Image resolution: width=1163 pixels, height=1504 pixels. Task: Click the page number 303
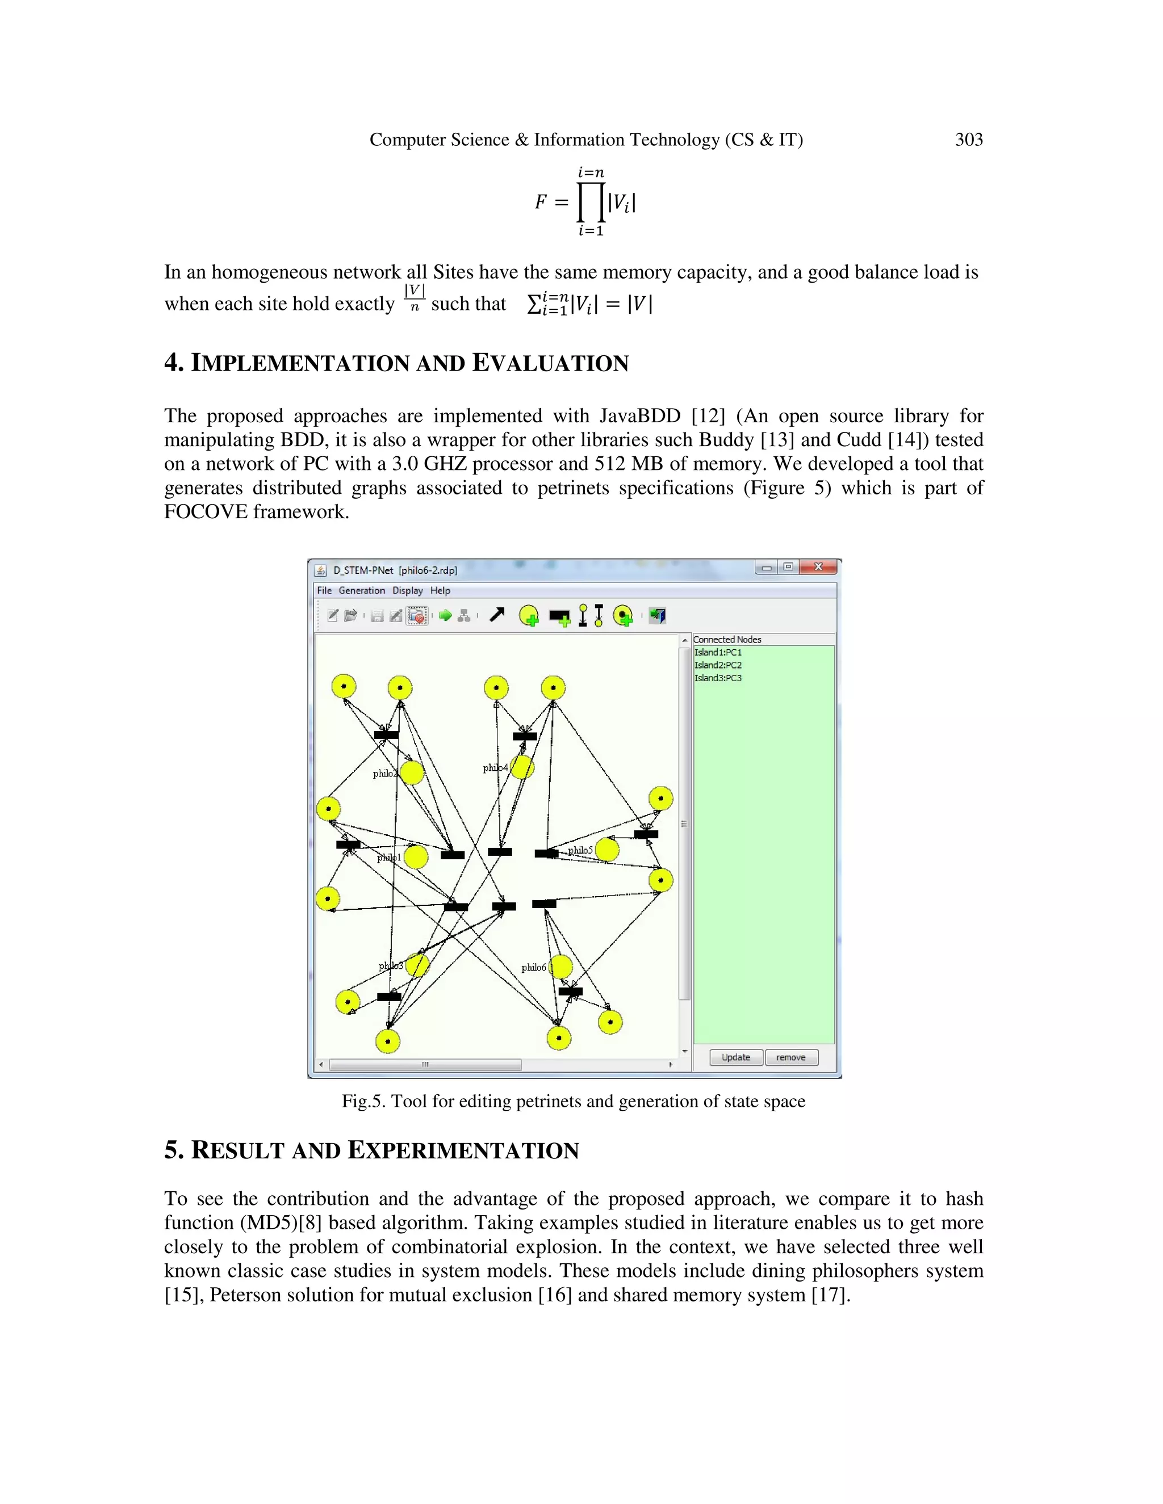tap(968, 140)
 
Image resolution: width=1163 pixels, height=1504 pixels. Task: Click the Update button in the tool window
tap(735, 1057)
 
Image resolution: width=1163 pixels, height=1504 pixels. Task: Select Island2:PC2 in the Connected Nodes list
tap(717, 665)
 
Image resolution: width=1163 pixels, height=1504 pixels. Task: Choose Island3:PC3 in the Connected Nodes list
tap(717, 678)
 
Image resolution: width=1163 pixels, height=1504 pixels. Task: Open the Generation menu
tap(361, 591)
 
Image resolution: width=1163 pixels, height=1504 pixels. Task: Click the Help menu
tap(440, 591)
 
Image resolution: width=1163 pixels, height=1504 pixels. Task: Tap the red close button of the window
tap(818, 567)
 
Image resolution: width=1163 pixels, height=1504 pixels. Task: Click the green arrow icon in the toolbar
tap(445, 616)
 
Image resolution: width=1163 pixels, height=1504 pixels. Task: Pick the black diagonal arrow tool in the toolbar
tap(497, 615)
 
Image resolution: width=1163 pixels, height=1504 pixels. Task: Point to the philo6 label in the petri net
tap(533, 968)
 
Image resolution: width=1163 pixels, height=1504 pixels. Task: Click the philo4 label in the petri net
tap(495, 768)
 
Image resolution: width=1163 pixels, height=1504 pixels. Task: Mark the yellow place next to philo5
tap(607, 850)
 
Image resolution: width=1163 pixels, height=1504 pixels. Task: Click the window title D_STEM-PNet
tap(363, 570)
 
